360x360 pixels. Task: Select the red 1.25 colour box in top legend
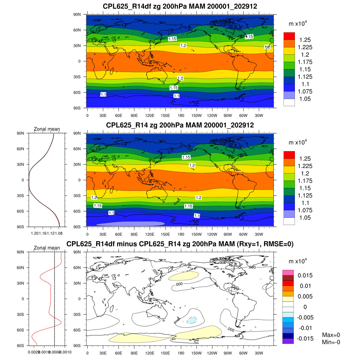[x=289, y=36]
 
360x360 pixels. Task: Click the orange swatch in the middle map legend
[x=289, y=162]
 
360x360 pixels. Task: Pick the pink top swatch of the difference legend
[x=288, y=272]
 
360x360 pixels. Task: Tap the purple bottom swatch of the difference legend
[x=288, y=341]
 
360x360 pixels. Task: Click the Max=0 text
[x=331, y=335]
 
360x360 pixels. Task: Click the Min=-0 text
[x=331, y=342]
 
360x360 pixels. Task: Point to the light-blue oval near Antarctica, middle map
[x=130, y=223]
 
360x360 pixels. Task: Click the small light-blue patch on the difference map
[x=191, y=320]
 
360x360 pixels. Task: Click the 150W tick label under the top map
[x=196, y=116]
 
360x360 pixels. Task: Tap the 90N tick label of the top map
[x=77, y=14]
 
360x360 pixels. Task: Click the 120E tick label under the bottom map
[x=150, y=353]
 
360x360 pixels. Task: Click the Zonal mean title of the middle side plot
[x=47, y=129]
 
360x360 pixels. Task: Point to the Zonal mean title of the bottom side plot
[x=47, y=248]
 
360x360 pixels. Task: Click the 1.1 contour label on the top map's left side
[x=103, y=94]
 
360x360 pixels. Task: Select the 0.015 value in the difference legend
[x=305, y=275]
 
